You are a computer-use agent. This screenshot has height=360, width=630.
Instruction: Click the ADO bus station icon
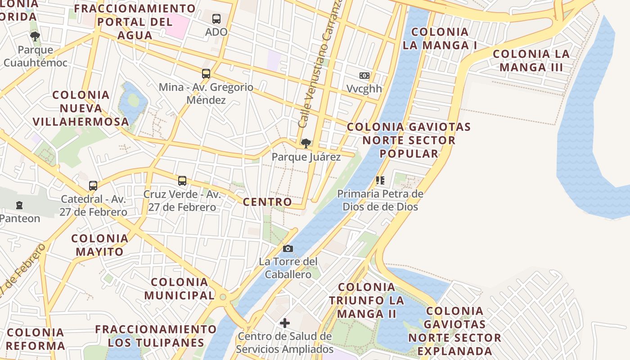216,19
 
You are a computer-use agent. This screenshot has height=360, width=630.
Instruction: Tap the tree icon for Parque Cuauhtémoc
35,36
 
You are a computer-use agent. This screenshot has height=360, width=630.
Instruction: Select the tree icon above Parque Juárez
306,144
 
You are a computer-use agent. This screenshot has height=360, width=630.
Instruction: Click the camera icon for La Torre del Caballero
288,248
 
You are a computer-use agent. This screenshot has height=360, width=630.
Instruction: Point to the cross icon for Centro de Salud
285,323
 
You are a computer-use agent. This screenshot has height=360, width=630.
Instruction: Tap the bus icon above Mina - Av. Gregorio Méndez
206,74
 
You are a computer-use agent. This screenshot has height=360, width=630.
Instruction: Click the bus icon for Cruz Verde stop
182,181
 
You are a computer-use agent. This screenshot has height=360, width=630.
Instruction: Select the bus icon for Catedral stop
93,185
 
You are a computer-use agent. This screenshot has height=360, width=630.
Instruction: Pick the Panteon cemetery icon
19,205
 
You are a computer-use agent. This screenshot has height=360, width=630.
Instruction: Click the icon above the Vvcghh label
364,76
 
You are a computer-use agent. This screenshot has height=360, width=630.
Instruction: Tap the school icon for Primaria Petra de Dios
380,180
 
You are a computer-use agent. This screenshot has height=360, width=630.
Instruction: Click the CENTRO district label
267,202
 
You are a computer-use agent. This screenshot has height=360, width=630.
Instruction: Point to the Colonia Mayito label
99,245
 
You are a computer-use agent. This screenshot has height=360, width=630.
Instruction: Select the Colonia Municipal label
180,289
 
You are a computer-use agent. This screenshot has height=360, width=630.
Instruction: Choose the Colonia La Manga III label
531,61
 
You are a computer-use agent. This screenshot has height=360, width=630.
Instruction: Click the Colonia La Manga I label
440,39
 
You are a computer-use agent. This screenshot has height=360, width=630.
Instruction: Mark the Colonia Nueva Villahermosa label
81,108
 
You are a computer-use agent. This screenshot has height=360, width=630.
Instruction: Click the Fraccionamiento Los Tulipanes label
156,336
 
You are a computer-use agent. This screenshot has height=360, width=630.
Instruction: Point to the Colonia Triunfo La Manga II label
366,300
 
